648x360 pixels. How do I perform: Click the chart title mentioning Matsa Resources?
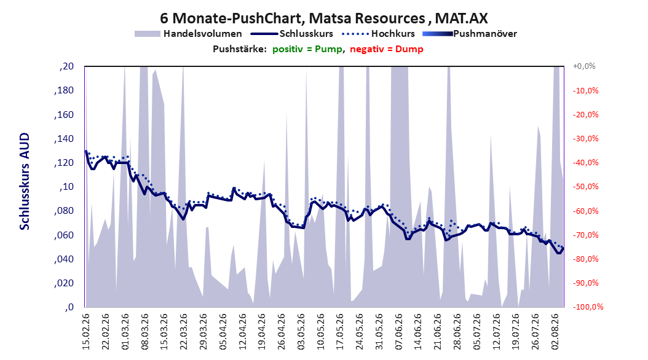click(x=323, y=18)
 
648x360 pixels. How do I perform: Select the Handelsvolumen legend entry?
click(x=188, y=34)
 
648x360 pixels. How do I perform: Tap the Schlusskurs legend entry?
click(x=292, y=34)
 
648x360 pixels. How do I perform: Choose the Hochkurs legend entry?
click(x=378, y=34)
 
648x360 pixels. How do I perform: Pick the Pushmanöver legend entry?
click(x=470, y=34)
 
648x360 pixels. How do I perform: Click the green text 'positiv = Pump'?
click(x=307, y=49)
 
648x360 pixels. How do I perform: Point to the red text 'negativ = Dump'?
click(x=387, y=49)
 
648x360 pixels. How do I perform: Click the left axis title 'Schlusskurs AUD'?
click(x=25, y=181)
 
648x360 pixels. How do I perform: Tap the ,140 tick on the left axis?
click(x=64, y=139)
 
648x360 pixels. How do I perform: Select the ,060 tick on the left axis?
click(x=64, y=235)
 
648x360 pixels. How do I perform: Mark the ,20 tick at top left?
click(x=66, y=66)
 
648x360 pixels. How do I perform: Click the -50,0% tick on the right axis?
click(x=585, y=187)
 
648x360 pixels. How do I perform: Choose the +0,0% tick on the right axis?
click(x=584, y=66)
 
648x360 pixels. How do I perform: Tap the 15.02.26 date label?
click(x=86, y=332)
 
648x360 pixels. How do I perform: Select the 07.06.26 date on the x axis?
click(x=399, y=332)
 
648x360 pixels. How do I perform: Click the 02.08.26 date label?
click(x=555, y=332)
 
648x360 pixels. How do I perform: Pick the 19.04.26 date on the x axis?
click(x=262, y=332)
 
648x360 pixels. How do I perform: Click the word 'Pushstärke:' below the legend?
click(x=240, y=49)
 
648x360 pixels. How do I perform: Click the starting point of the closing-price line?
click(x=85, y=151)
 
